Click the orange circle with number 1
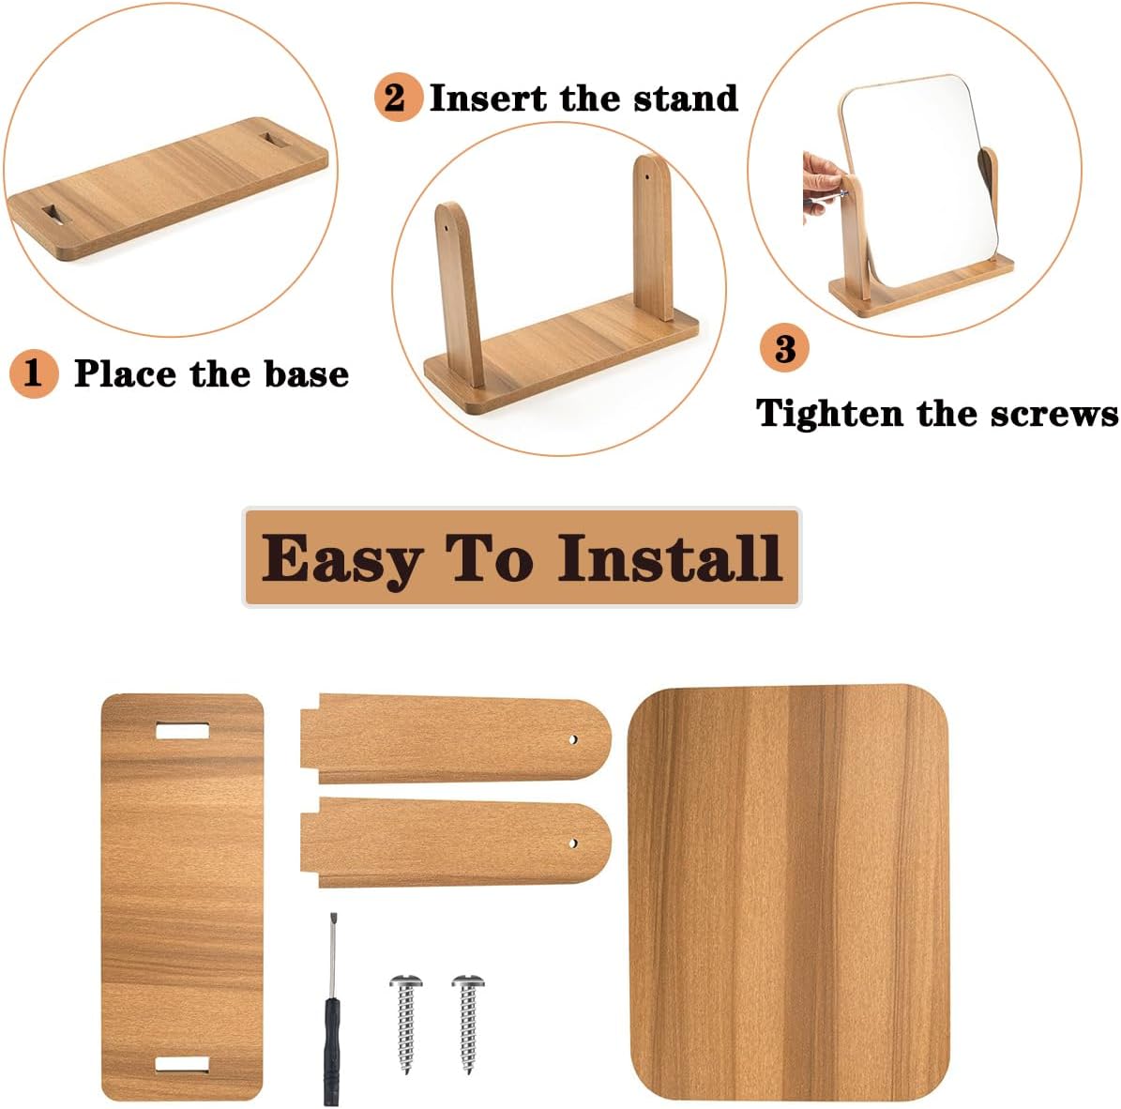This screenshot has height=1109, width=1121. (x=34, y=373)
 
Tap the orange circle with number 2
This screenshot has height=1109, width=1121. (x=398, y=98)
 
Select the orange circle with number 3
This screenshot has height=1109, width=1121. (x=784, y=348)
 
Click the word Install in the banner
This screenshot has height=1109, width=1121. (x=670, y=557)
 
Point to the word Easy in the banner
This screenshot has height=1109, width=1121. (x=341, y=560)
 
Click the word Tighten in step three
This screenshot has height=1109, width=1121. (x=830, y=414)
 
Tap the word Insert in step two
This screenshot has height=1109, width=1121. (x=489, y=98)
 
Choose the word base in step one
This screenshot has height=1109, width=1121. (x=307, y=374)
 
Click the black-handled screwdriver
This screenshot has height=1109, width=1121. (x=332, y=1009)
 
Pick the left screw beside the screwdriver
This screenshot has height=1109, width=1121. (x=406, y=1024)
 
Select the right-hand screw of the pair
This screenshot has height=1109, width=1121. (x=468, y=1024)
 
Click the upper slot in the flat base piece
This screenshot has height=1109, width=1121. (x=182, y=731)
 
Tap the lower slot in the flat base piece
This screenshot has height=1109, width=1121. (x=182, y=1065)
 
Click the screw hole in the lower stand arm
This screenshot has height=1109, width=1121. (x=573, y=843)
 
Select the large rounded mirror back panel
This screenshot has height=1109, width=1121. (x=789, y=894)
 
